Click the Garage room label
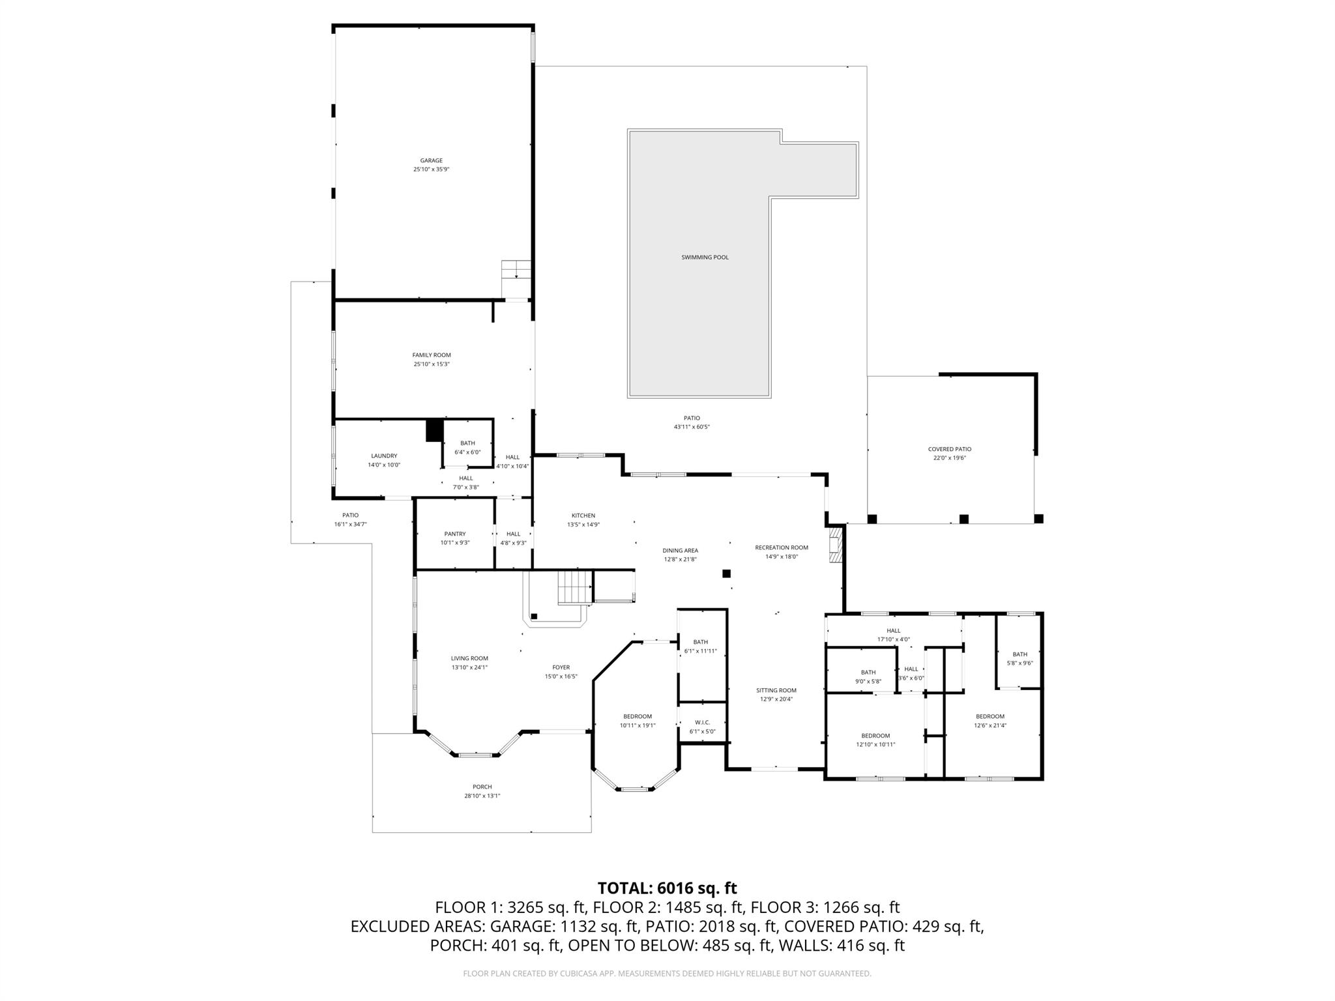click(431, 160)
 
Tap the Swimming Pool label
click(705, 257)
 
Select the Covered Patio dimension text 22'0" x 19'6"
click(949, 458)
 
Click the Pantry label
click(454, 534)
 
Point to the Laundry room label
click(384, 456)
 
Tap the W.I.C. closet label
click(702, 722)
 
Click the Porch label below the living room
click(482, 787)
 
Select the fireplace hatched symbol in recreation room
click(835, 545)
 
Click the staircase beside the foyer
click(574, 586)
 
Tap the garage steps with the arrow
click(516, 269)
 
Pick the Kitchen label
click(583, 515)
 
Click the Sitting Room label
click(776, 690)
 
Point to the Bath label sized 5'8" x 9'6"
click(1020, 654)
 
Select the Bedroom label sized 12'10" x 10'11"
click(875, 736)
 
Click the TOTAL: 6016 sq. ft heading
click(667, 888)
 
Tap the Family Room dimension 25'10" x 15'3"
click(432, 364)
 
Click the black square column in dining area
click(726, 573)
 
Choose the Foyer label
click(561, 667)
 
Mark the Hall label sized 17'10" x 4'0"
click(893, 630)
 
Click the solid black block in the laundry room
click(434, 431)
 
